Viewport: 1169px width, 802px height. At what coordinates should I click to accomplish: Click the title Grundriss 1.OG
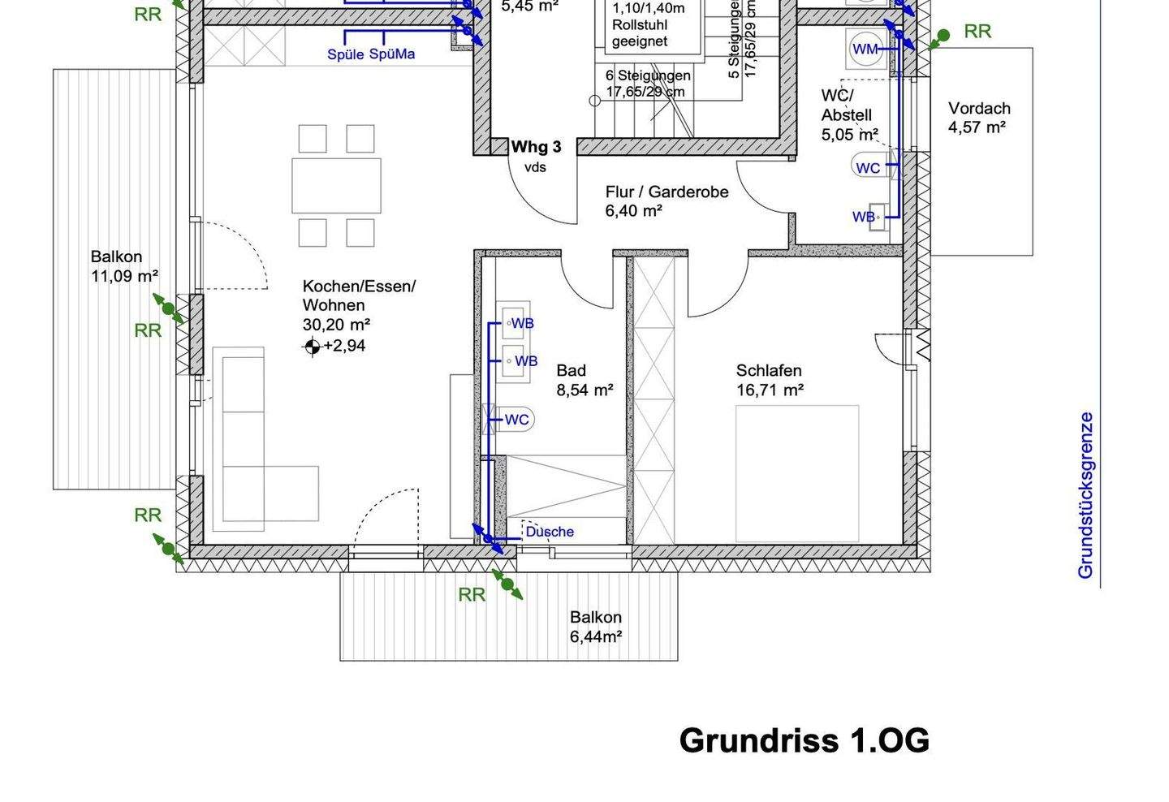coord(804,740)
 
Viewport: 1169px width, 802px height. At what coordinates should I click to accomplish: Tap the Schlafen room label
coord(768,371)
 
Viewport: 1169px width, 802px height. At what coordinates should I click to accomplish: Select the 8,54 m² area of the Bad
coord(584,390)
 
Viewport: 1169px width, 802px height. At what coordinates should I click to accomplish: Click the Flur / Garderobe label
coord(666,192)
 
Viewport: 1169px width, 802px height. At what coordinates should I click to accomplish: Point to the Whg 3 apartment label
coord(536,147)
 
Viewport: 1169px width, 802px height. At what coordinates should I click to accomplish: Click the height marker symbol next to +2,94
coord(312,347)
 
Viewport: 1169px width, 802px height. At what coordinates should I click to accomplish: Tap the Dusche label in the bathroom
coord(550,532)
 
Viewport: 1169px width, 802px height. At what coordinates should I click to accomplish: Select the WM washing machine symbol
coord(865,50)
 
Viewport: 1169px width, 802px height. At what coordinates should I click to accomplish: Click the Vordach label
coord(979,108)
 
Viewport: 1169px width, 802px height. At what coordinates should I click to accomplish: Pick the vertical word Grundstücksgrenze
coord(1085,495)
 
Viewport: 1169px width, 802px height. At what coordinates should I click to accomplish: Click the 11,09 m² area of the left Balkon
coord(124,276)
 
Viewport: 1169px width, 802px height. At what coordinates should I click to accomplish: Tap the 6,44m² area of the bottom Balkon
coord(596,636)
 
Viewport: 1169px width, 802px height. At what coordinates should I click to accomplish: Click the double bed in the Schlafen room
coord(796,473)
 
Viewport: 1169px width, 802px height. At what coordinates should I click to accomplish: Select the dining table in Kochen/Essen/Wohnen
coord(336,185)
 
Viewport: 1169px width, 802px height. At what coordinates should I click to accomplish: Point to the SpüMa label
coord(392,54)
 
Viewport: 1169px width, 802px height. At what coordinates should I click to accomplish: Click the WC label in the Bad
coord(516,420)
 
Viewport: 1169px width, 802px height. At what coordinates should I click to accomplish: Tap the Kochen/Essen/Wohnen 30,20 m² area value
coord(336,325)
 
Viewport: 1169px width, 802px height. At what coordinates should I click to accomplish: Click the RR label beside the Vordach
coord(977,32)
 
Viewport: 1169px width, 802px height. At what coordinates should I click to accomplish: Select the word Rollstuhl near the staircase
coord(640,25)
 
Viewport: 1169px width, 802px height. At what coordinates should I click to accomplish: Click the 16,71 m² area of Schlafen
coord(770,390)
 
